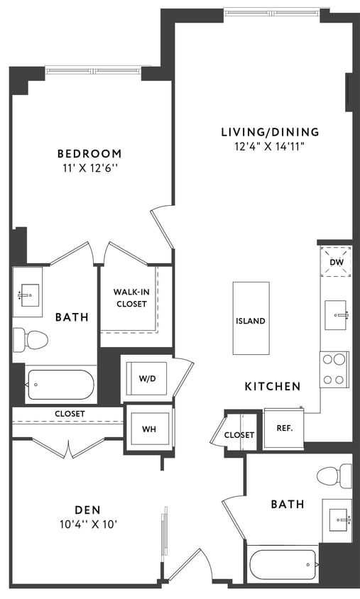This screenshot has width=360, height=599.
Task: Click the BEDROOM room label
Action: [89, 153]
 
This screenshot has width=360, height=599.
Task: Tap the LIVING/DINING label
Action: [270, 132]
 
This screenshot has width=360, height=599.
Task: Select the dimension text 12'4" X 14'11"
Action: [270, 146]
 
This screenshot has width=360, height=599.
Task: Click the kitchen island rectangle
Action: [251, 319]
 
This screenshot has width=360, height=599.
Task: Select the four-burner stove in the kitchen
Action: [334, 369]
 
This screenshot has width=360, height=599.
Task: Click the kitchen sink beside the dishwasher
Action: [337, 315]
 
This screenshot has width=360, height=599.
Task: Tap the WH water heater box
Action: [148, 428]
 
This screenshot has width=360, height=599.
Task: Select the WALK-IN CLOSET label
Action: [130, 298]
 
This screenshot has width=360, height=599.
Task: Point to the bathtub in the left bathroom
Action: [60, 386]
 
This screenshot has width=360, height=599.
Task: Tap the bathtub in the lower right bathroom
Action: [282, 566]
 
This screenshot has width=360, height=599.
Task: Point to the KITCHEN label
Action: [273, 386]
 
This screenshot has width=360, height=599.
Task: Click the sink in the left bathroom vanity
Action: [29, 292]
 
